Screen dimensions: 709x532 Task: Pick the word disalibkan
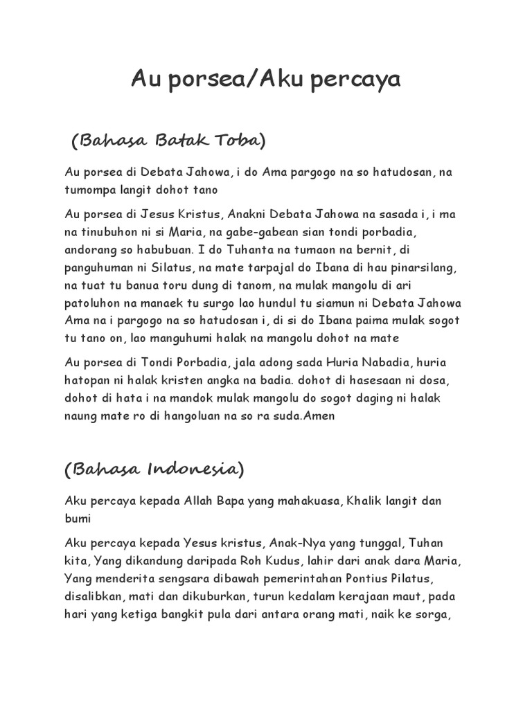click(x=96, y=595)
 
